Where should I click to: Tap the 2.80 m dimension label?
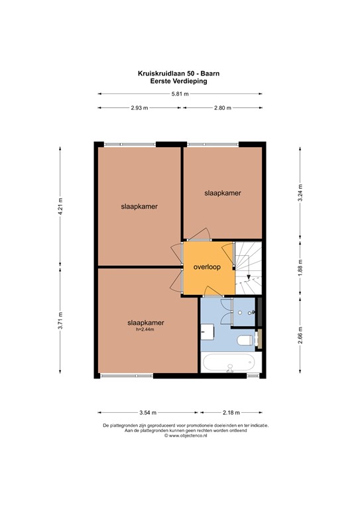pyautogui.click(x=223, y=108)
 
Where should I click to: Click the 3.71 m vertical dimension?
pyautogui.click(x=60, y=321)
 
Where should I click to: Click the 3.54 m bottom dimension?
pyautogui.click(x=147, y=411)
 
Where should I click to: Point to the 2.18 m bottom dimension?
pyautogui.click(x=231, y=411)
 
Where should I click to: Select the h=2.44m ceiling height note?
pyautogui.click(x=146, y=330)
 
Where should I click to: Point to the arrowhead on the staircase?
pyautogui.click(x=247, y=278)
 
